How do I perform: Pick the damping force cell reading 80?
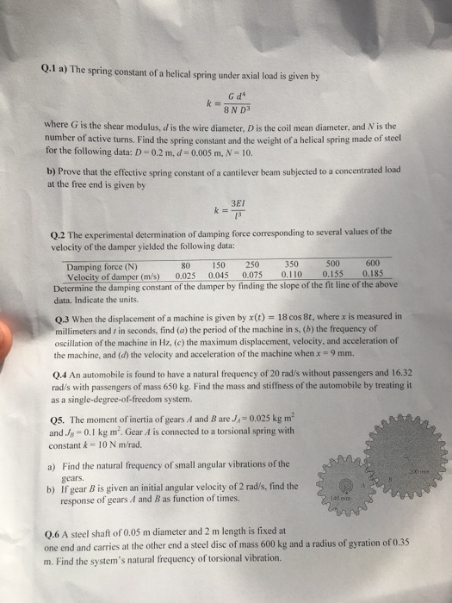(x=184, y=265)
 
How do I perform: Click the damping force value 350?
(x=290, y=265)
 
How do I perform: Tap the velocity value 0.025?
(x=188, y=276)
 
